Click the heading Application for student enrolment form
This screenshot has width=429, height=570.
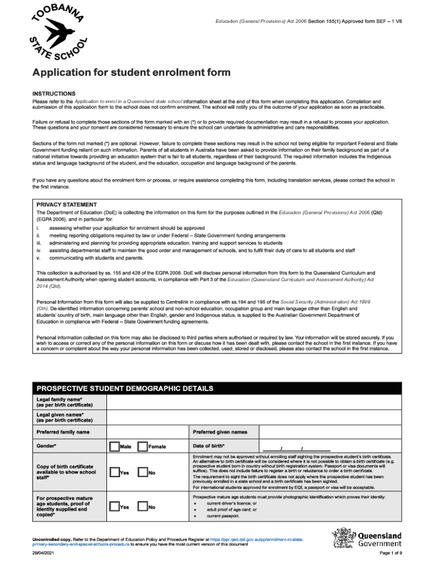131,73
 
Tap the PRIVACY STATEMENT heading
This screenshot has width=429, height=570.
66,204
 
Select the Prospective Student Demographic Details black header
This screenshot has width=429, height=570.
124,388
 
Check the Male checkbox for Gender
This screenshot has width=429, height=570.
114,446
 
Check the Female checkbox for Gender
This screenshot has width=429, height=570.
142,446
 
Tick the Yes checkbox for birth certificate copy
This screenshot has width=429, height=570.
114,473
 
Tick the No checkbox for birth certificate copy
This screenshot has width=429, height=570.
142,473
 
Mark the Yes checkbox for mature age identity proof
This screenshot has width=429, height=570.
114,507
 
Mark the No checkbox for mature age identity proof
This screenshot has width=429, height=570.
142,507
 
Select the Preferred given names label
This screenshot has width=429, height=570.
220,432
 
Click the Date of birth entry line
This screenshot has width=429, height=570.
295,448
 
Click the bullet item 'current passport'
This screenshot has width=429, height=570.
223,516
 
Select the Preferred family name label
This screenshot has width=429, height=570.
62,432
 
